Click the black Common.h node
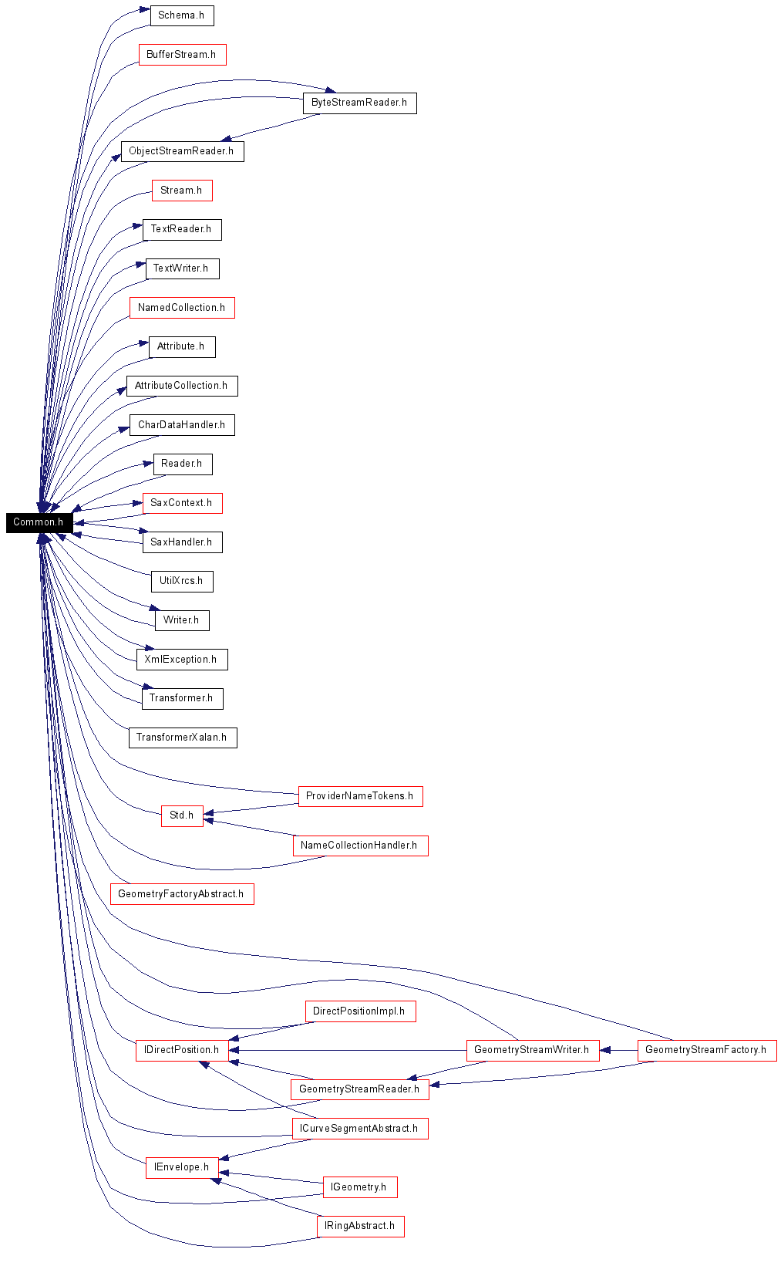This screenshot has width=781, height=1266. [x=39, y=522]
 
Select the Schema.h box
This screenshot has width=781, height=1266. [x=182, y=15]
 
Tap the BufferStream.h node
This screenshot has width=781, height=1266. [x=183, y=55]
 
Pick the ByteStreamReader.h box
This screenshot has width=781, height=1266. [x=360, y=103]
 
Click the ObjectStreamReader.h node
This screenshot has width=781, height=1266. [x=183, y=151]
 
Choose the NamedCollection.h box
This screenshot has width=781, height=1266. [x=182, y=308]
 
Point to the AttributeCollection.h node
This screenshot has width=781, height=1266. [x=182, y=386]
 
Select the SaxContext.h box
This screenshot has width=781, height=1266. [x=182, y=503]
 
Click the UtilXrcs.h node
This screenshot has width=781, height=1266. [x=182, y=581]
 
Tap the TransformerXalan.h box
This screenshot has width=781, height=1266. [x=183, y=738]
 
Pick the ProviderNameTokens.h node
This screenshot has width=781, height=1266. [x=360, y=796]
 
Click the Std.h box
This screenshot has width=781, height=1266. [x=182, y=815]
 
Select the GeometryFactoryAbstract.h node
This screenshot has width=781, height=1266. [x=182, y=894]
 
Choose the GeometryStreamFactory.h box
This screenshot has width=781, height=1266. [x=706, y=1050]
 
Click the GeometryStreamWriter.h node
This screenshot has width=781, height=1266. [x=533, y=1050]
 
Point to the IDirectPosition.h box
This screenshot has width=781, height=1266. [x=182, y=1050]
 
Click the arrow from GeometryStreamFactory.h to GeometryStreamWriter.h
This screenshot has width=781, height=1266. [x=618, y=1050]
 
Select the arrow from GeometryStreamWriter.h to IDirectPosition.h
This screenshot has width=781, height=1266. [x=347, y=1050]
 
